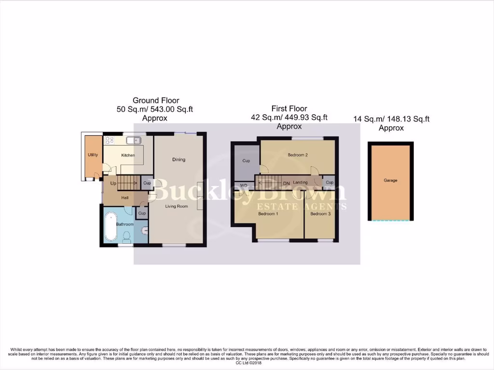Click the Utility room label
tap(93, 155)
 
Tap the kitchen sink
tap(133, 141)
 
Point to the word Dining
tap(178, 159)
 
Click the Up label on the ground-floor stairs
tap(113, 184)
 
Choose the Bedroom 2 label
tap(298, 155)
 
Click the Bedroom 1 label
tap(268, 213)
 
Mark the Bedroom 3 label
tap(320, 213)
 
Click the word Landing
tap(301, 183)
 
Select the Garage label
tap(390, 180)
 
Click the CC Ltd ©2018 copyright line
tap(247, 363)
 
